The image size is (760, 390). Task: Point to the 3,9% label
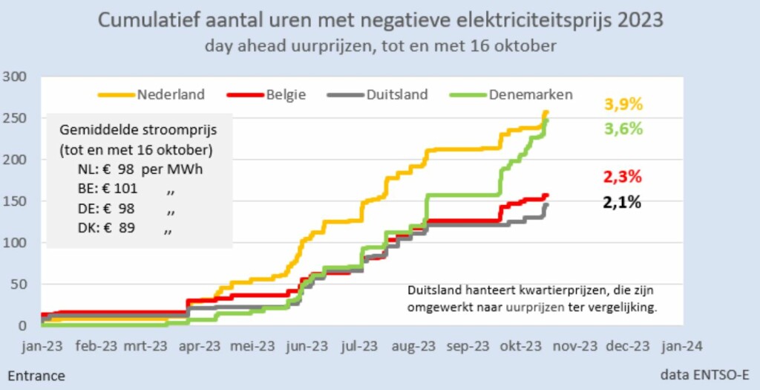click(x=623, y=104)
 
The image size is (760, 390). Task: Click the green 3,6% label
click(x=623, y=129)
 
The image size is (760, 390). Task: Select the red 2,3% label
click(x=623, y=177)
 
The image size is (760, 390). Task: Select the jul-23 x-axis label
click(x=360, y=345)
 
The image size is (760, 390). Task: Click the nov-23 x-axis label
click(x=576, y=345)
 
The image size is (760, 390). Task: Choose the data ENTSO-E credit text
click(x=704, y=376)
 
